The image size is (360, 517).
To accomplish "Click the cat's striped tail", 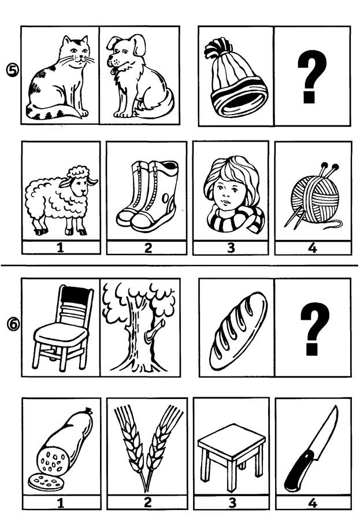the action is point(53,113).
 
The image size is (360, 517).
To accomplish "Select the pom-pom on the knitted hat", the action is point(217,48).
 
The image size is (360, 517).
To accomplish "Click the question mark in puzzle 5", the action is point(312,76).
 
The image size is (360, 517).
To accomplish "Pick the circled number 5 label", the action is point(13,70).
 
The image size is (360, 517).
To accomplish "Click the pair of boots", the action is point(147,196).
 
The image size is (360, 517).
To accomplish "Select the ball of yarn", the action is point(315,198).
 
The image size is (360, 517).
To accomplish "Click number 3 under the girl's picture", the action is point(231,248).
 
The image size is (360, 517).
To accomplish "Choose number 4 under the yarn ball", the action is point(313,248).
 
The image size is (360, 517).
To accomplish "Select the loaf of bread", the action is point(239,331).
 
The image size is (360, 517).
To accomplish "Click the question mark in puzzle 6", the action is point(315,328).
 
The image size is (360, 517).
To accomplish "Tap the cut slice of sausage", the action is point(45,483).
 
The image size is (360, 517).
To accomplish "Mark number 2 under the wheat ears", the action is point(147,502).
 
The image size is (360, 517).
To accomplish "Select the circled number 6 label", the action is point(13,324).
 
